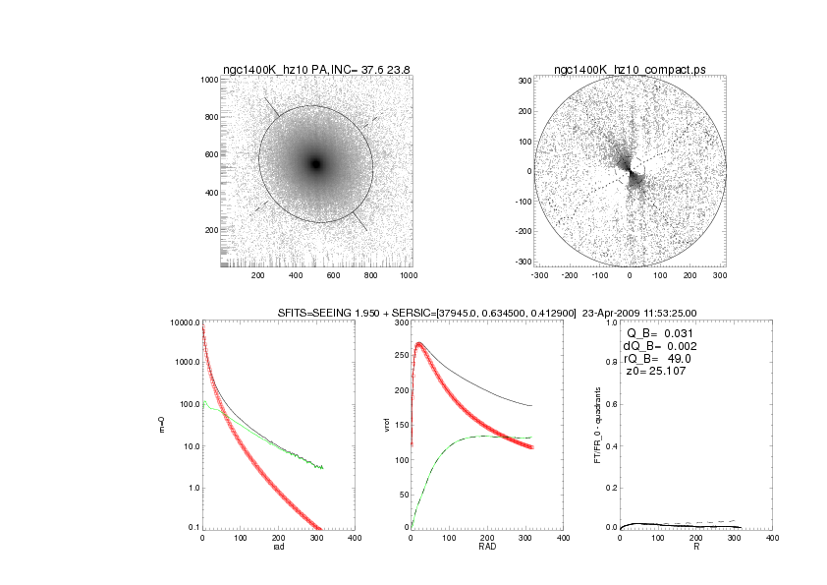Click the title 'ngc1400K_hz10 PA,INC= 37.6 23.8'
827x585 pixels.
[x=315, y=70]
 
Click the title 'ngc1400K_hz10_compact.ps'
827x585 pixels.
[x=629, y=70]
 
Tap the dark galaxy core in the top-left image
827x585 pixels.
[x=315, y=164]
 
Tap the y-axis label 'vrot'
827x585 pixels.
[x=387, y=425]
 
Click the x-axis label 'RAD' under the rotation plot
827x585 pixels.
[x=486, y=547]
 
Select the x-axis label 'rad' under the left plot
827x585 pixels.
[x=278, y=547]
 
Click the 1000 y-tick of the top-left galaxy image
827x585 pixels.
[x=209, y=80]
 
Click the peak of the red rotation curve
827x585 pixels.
[x=419, y=344]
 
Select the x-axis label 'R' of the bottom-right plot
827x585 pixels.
[x=696, y=547]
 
